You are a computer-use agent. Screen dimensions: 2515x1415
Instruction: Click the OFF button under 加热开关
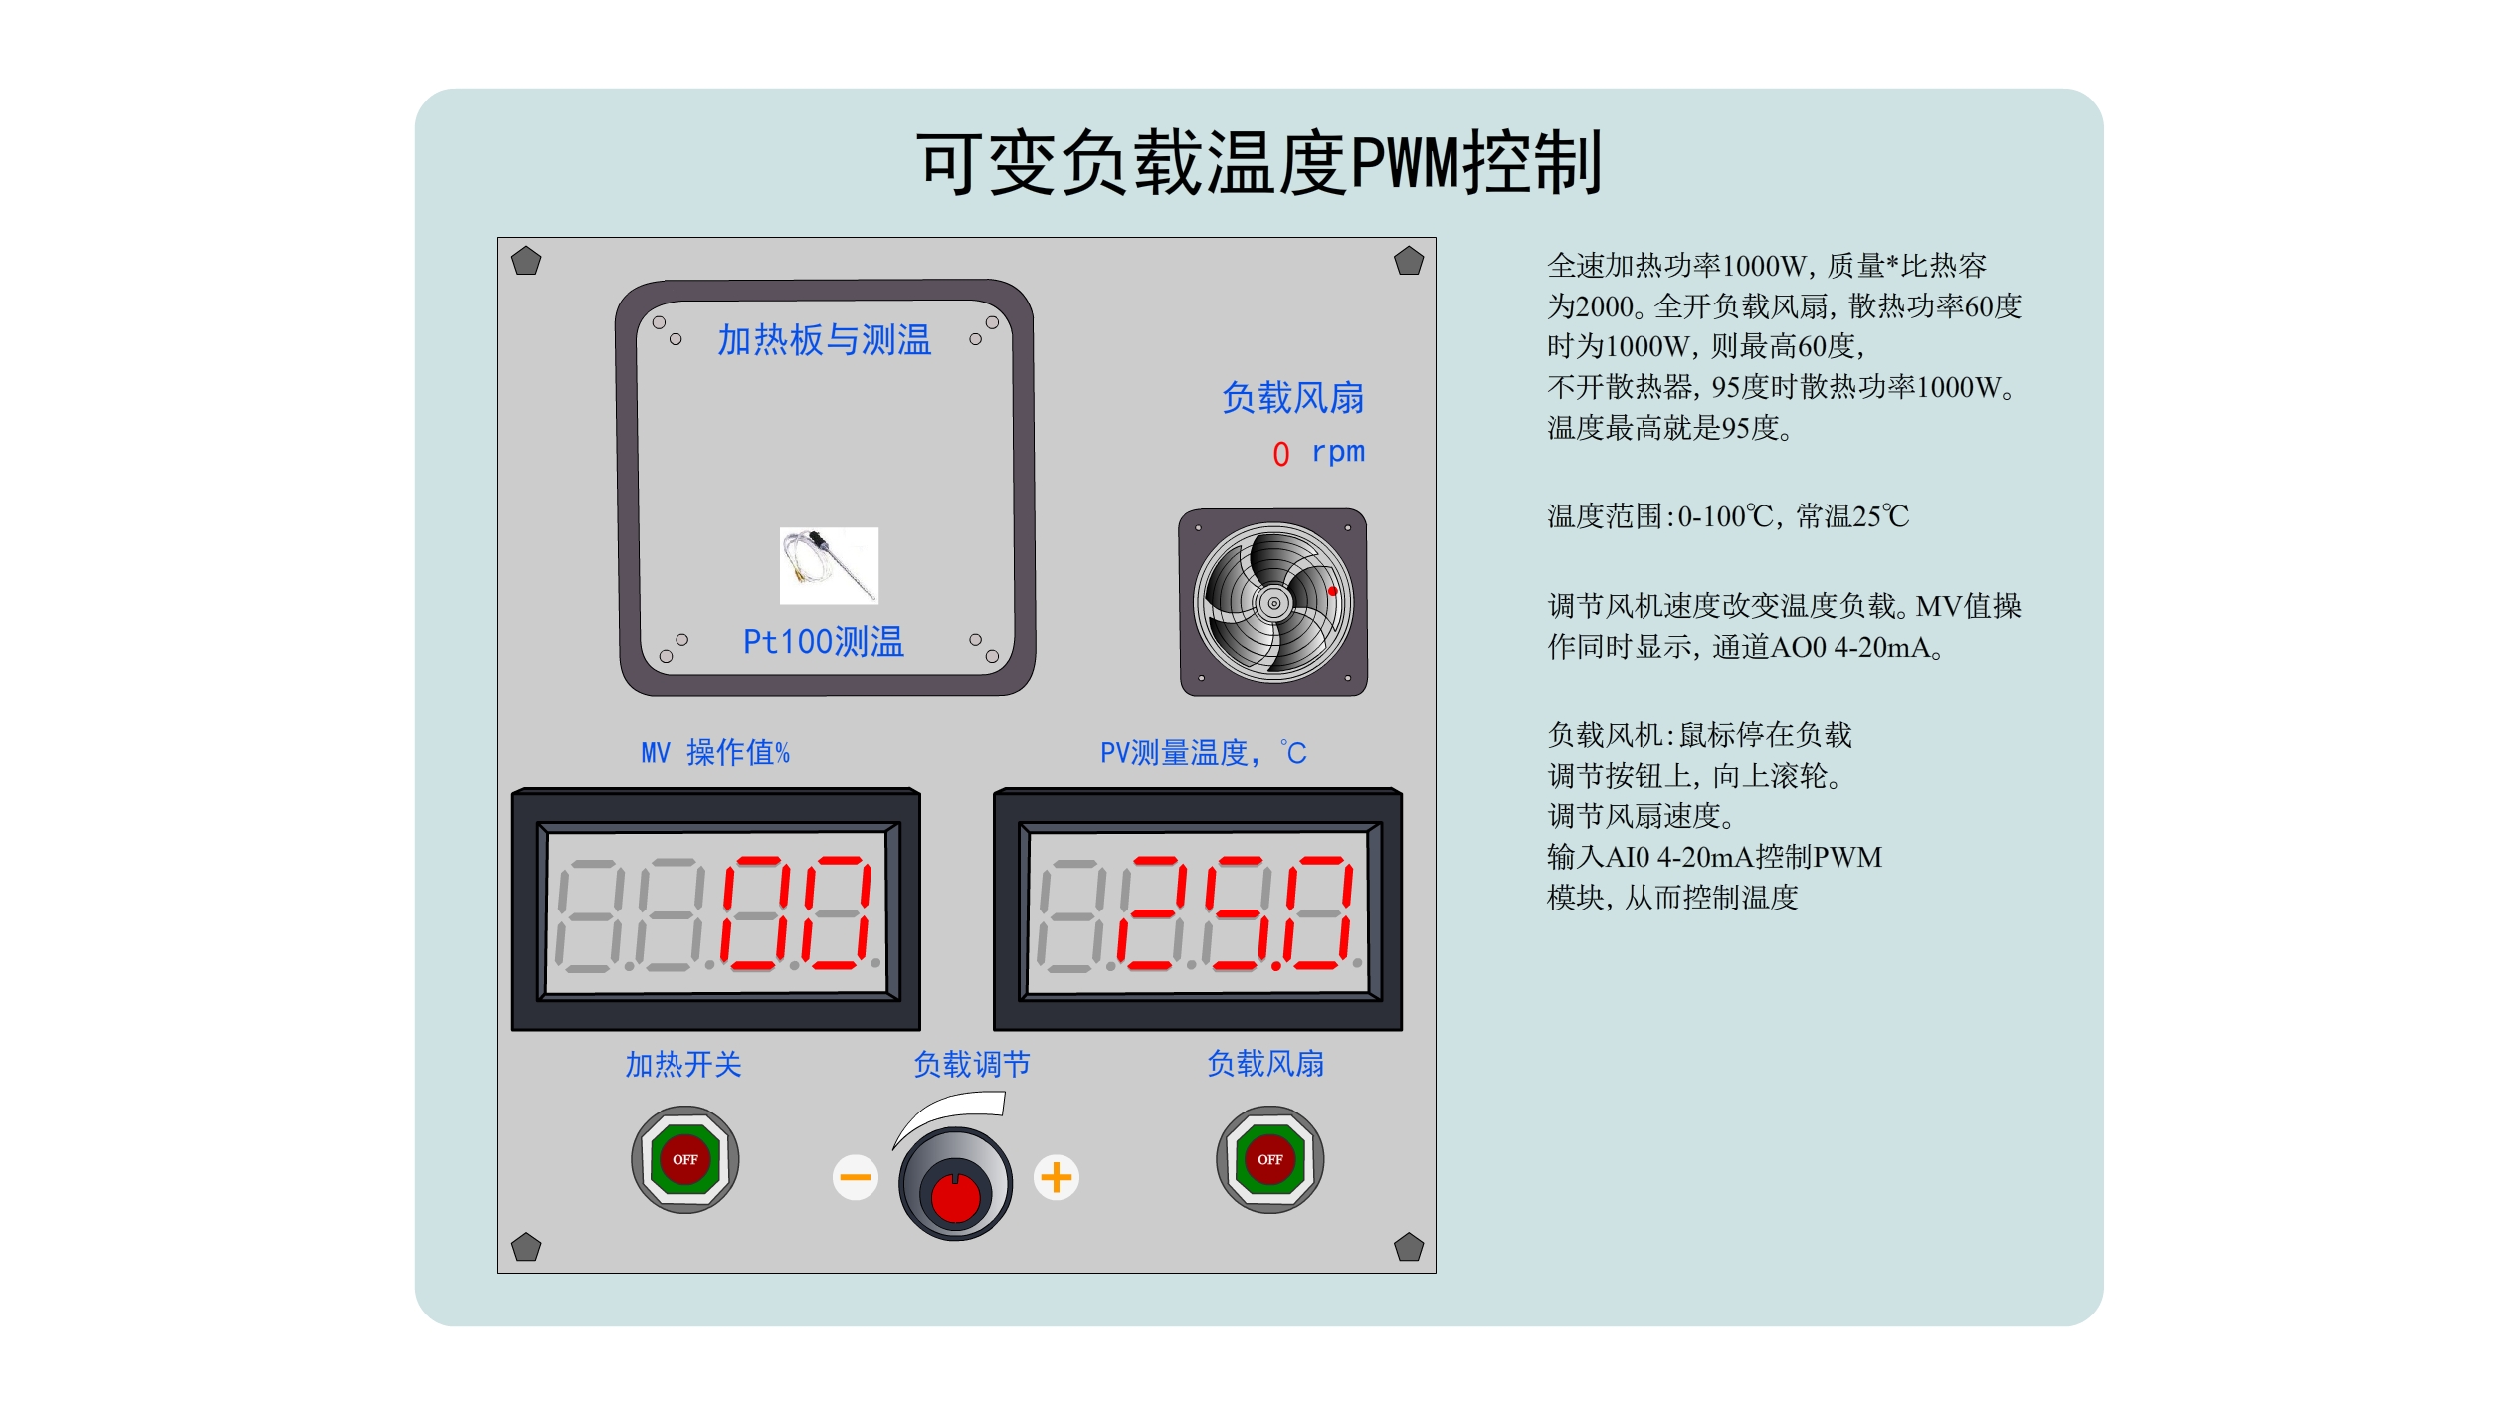coord(684,1159)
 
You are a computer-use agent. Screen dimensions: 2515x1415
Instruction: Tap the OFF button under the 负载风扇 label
coord(1269,1159)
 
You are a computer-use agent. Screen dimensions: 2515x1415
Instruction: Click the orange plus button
coord(1056,1177)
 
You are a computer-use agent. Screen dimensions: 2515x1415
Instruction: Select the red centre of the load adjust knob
coord(956,1197)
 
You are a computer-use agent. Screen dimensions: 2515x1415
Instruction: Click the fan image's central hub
coord(1273,602)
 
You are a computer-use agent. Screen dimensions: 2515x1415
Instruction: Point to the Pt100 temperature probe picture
coord(829,565)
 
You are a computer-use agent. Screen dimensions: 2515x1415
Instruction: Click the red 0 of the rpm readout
coord(1281,454)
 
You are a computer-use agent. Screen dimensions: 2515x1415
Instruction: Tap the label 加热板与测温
coord(825,340)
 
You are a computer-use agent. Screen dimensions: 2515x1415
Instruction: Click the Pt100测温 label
coord(824,642)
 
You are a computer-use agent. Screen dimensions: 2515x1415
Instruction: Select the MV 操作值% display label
coord(715,752)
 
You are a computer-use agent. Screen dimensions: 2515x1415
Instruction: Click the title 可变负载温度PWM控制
coord(1259,162)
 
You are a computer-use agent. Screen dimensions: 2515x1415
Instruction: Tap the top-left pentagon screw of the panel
coord(526,262)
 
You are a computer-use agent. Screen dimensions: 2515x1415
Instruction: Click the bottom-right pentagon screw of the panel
coord(1409,1247)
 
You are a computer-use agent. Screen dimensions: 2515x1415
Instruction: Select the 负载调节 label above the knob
coord(972,1064)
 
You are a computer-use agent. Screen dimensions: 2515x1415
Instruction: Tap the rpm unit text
coord(1338,452)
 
